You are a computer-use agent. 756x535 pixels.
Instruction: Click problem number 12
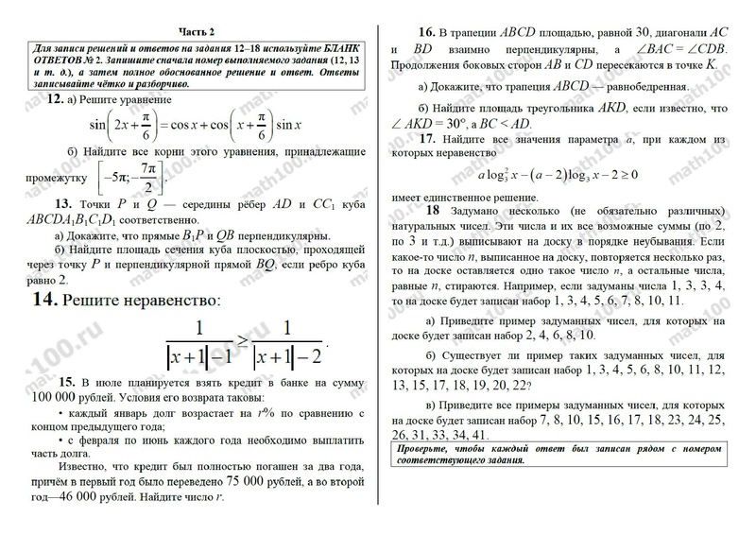point(56,99)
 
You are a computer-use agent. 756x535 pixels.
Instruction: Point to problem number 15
point(65,381)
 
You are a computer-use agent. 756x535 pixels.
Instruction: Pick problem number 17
point(426,138)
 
